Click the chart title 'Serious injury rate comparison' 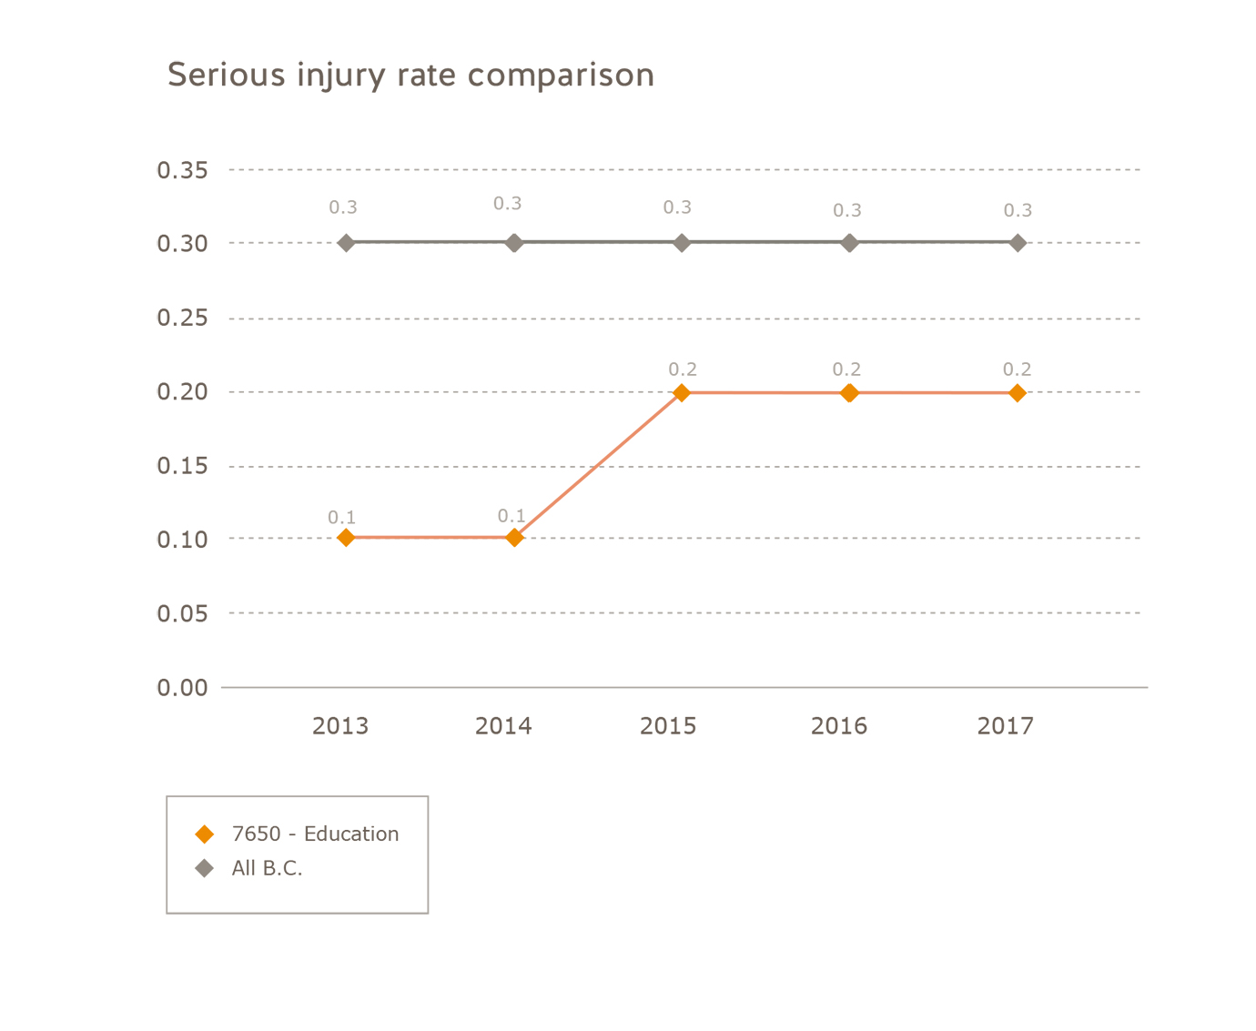(410, 75)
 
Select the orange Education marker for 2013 (346, 538)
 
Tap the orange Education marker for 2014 (514, 538)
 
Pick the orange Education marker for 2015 (682, 393)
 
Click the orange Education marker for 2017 (1018, 393)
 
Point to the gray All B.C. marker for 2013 (346, 243)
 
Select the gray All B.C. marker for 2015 (682, 243)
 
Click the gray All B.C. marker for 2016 (849, 243)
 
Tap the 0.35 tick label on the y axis (182, 170)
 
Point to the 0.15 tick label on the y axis (182, 466)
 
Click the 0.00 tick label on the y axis (182, 688)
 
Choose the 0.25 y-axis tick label (182, 318)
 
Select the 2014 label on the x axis (503, 726)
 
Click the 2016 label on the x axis (839, 726)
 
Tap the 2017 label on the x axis (1006, 726)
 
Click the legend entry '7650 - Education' (315, 834)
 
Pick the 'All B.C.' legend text (267, 868)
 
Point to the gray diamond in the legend (205, 868)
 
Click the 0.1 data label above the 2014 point (512, 516)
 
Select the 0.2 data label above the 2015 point (683, 369)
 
